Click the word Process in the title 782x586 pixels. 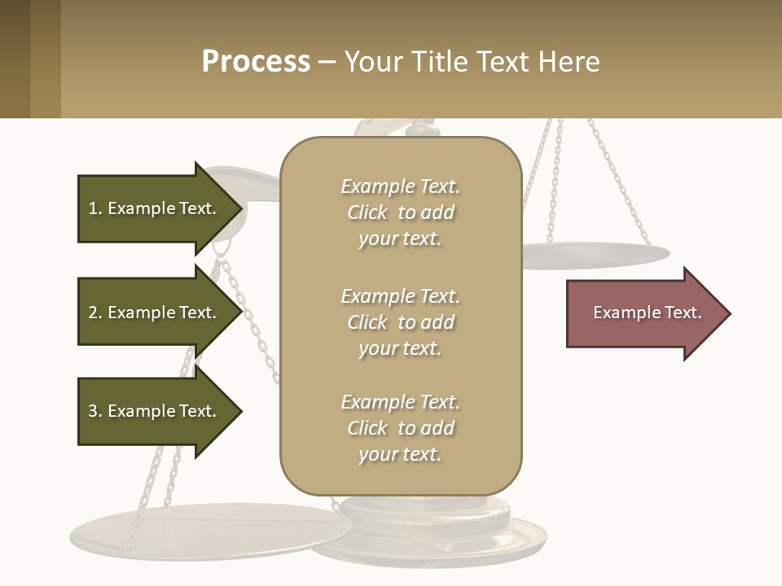[256, 61]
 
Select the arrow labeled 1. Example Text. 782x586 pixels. [155, 208]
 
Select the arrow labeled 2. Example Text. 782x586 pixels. [155, 313]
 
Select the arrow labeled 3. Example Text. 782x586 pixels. [155, 411]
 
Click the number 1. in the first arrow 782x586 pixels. [94, 208]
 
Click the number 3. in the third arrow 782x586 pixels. [94, 411]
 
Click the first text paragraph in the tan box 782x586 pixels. [400, 212]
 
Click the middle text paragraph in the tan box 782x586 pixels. [400, 322]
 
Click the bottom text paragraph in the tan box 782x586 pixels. [400, 428]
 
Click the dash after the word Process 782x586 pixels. [327, 62]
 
